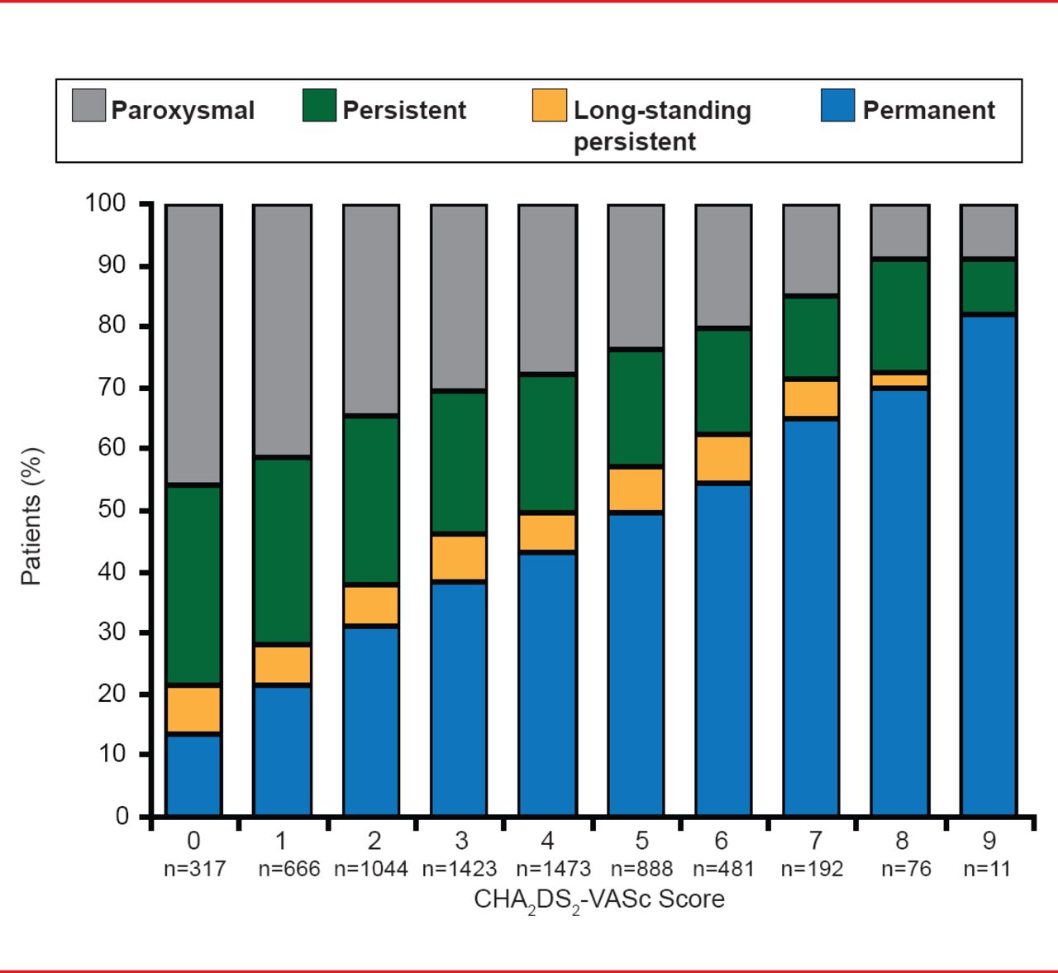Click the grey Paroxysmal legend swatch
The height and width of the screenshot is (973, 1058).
pos(88,106)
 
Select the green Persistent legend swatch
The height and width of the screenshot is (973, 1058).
pos(319,106)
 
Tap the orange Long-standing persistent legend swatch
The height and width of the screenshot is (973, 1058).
pos(550,106)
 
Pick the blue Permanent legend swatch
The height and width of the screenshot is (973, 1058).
pos(837,106)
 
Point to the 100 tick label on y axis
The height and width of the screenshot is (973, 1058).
pos(105,203)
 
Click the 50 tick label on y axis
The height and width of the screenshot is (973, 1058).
pos(112,509)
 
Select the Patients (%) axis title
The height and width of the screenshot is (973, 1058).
pos(31,517)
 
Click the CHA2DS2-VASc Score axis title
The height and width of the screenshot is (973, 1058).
pos(598,899)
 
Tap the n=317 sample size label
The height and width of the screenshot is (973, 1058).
pos(194,869)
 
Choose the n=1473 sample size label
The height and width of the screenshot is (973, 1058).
pos(553,869)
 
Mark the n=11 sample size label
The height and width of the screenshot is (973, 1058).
pos(987,869)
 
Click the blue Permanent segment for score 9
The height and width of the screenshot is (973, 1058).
pos(988,566)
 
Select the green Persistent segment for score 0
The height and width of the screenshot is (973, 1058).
pos(193,584)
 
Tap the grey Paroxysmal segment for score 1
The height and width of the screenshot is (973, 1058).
pos(282,330)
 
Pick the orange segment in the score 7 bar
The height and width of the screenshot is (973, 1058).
pos(811,398)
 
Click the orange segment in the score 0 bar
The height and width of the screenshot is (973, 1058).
pos(193,709)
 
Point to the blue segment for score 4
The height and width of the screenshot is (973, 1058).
pos(547,684)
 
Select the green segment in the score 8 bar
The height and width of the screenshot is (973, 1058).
pos(900,315)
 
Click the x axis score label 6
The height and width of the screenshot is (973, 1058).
pos(722,841)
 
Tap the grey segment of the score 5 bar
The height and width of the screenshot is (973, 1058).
pos(636,276)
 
